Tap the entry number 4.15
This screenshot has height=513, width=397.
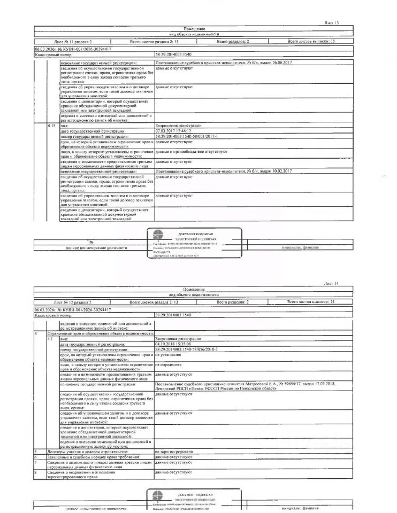tap(52, 125)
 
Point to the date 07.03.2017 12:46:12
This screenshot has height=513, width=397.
tap(173, 130)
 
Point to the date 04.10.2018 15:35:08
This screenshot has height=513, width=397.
tap(173, 344)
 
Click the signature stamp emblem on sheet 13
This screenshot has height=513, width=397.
tap(159, 235)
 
